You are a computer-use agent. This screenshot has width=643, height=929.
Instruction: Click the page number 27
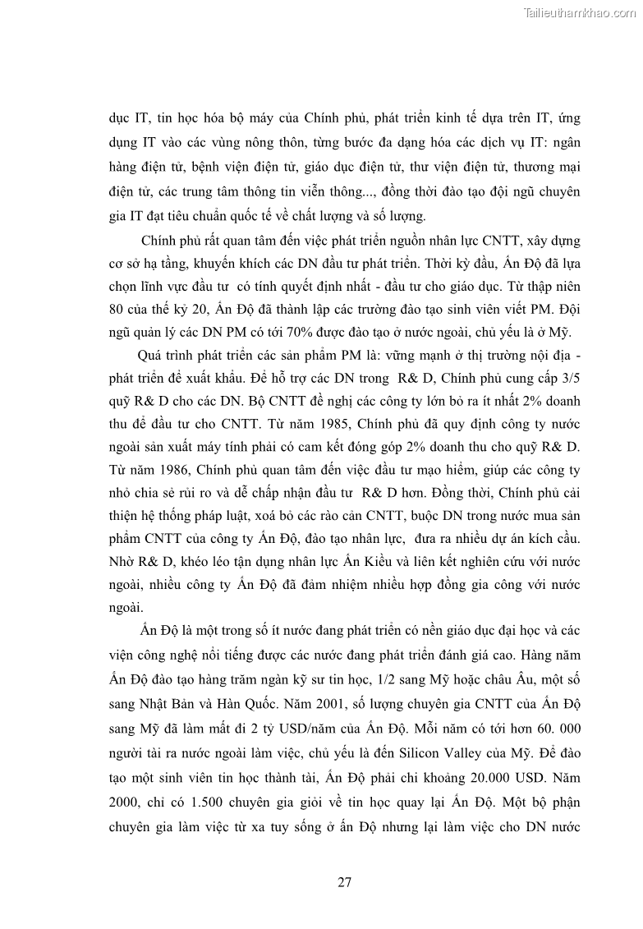(x=345, y=883)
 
